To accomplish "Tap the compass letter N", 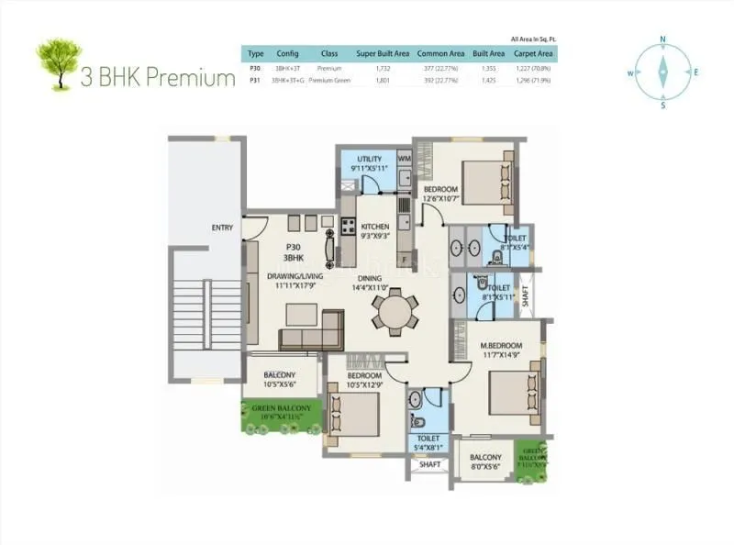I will (662, 39).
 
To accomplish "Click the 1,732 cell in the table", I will (384, 68).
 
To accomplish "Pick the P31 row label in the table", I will (255, 81).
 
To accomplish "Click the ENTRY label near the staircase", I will (222, 228).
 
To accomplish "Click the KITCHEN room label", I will (374, 227).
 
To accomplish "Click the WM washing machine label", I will (404, 159).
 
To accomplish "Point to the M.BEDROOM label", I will (501, 346).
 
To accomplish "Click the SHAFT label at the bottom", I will (429, 464).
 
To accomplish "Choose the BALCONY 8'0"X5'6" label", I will (485, 457).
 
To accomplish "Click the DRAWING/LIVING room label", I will (293, 275).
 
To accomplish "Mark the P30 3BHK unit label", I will (293, 251).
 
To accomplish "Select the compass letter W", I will (631, 72).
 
